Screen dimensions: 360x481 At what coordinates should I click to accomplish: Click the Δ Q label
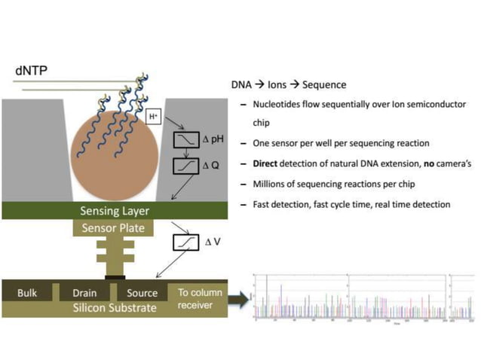210,165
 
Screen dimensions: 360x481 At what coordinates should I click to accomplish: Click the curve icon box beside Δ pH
185,140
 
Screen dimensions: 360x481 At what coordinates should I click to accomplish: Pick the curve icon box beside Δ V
185,243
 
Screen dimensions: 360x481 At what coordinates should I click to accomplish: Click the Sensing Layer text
115,210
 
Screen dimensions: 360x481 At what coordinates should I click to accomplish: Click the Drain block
85,293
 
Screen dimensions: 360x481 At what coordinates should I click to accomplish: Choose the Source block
141,293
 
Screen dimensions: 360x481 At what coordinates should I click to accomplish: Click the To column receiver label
201,298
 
